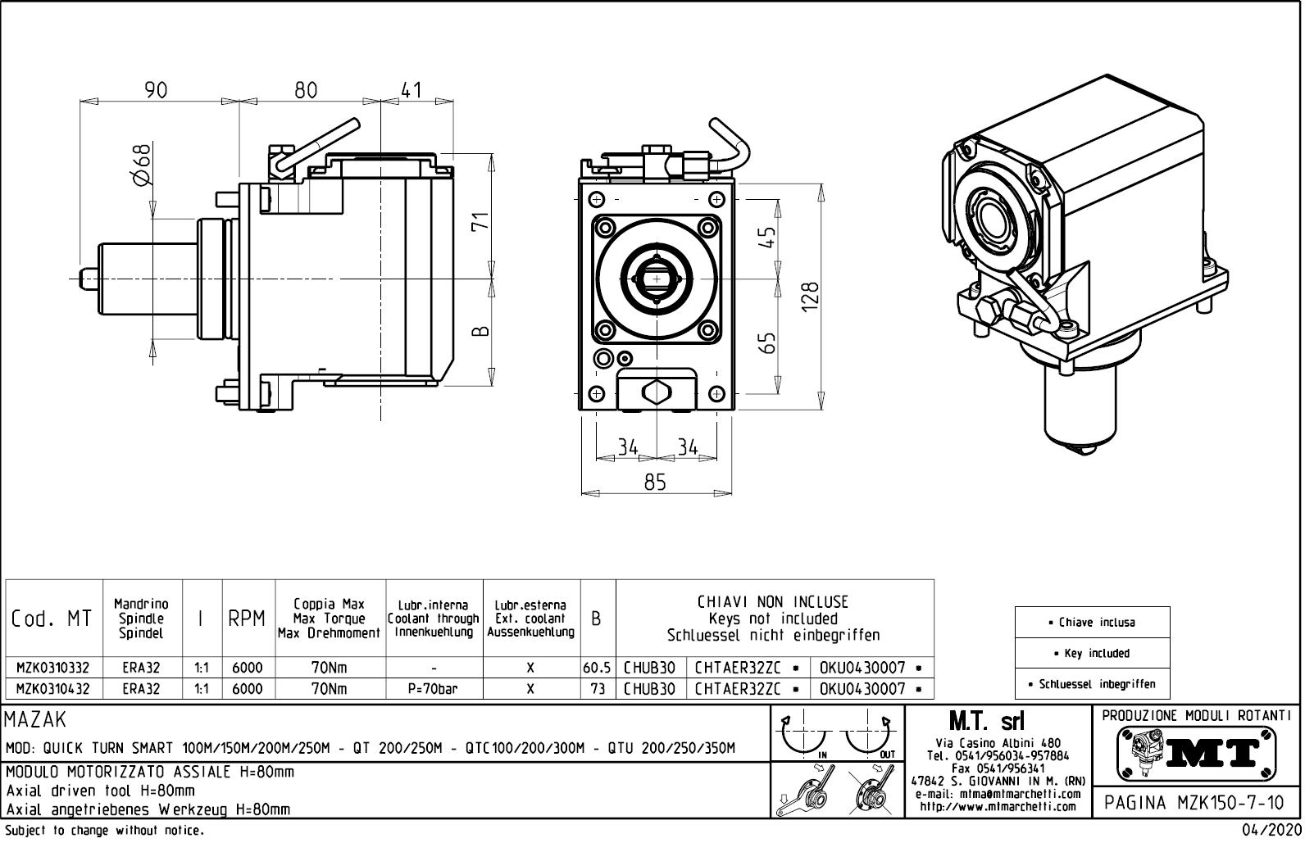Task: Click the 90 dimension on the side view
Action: point(156,89)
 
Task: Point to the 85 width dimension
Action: point(655,483)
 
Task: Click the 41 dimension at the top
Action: point(412,89)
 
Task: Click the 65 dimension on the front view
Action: point(767,342)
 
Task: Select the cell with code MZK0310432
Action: point(53,689)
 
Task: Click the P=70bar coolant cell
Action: point(433,689)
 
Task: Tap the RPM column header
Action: point(247,619)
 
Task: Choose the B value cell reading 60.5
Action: point(597,669)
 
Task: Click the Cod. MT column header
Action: point(53,619)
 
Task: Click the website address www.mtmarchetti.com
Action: point(998,807)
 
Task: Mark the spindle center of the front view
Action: point(656,279)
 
